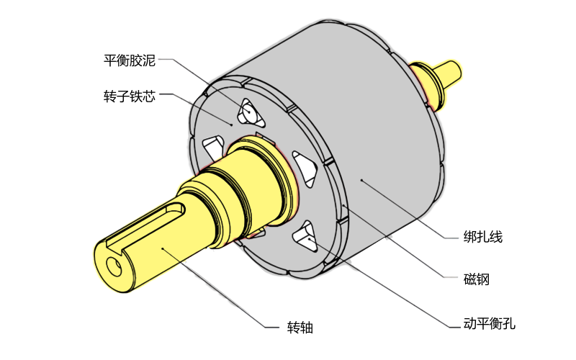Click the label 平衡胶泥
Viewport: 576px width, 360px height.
[x=130, y=60]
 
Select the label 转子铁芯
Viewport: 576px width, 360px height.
[x=130, y=96]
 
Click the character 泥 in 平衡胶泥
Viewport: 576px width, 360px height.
[x=149, y=60]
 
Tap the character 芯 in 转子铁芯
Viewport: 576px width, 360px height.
[x=149, y=96]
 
